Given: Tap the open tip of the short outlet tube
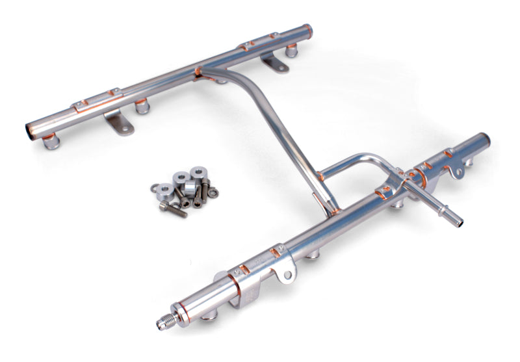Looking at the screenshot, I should [x=460, y=223].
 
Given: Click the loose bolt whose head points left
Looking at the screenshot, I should [x=173, y=209].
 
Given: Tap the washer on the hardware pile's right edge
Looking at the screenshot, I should [x=213, y=192].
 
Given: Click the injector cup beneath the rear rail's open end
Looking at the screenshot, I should [x=51, y=141].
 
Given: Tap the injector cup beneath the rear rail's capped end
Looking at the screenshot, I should [x=292, y=49].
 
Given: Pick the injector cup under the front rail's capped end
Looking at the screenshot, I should [x=468, y=161].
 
